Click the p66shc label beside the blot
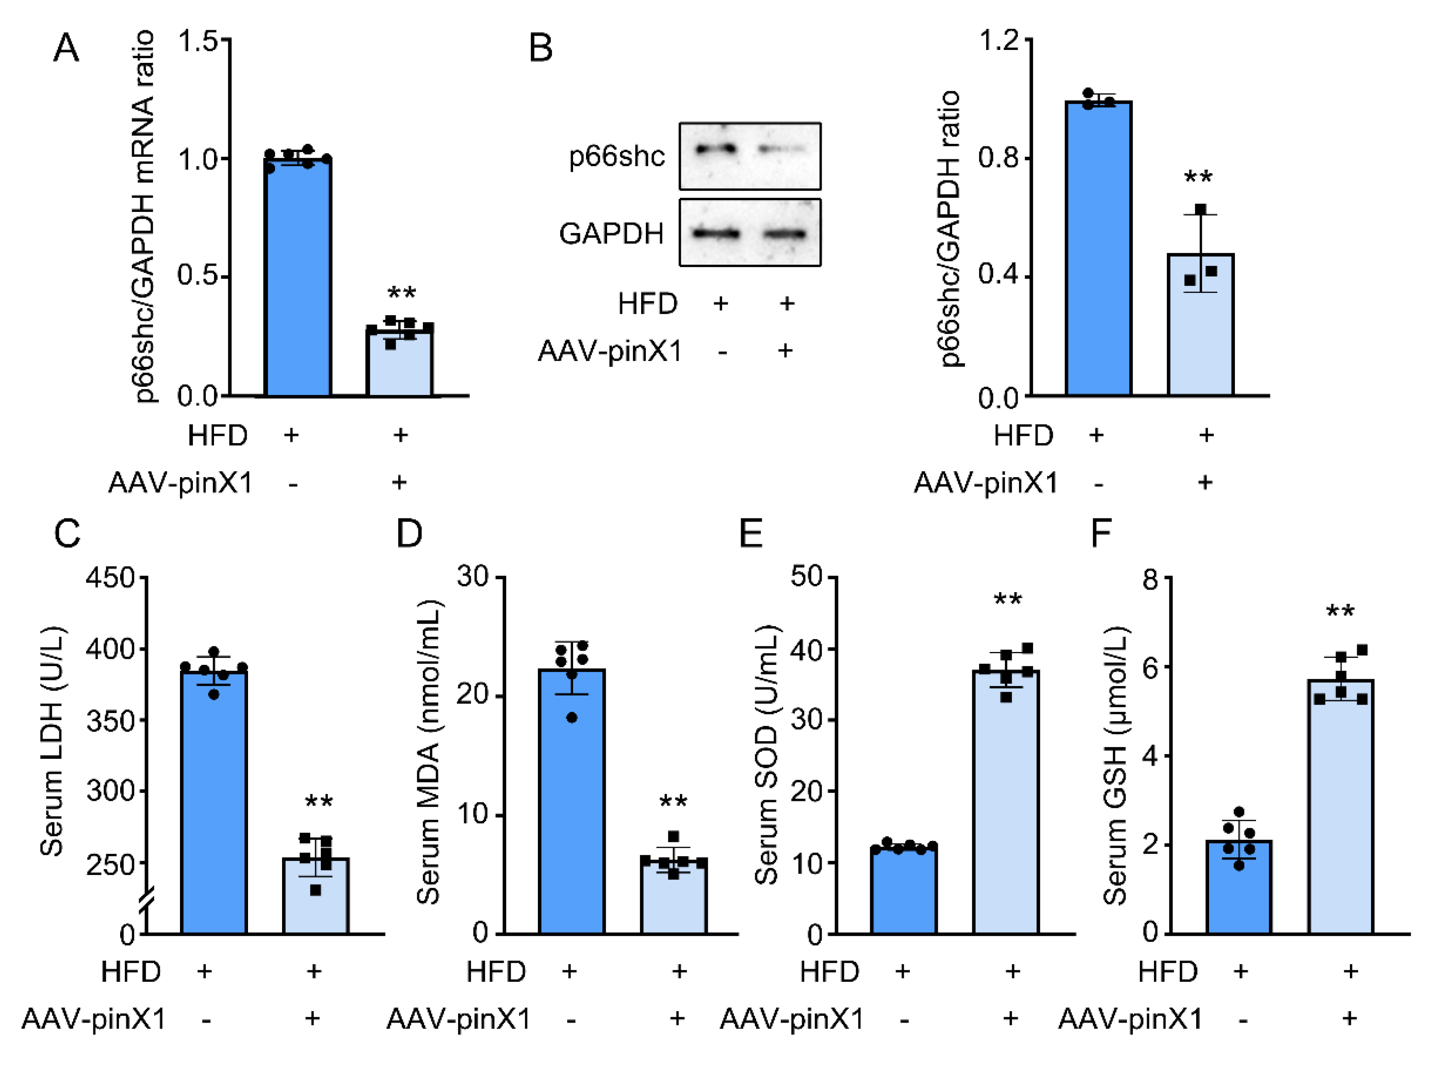point(616,156)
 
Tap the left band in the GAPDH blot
point(716,233)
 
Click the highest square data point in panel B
point(1200,209)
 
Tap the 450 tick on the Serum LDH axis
point(110,577)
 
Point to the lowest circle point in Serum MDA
point(571,717)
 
